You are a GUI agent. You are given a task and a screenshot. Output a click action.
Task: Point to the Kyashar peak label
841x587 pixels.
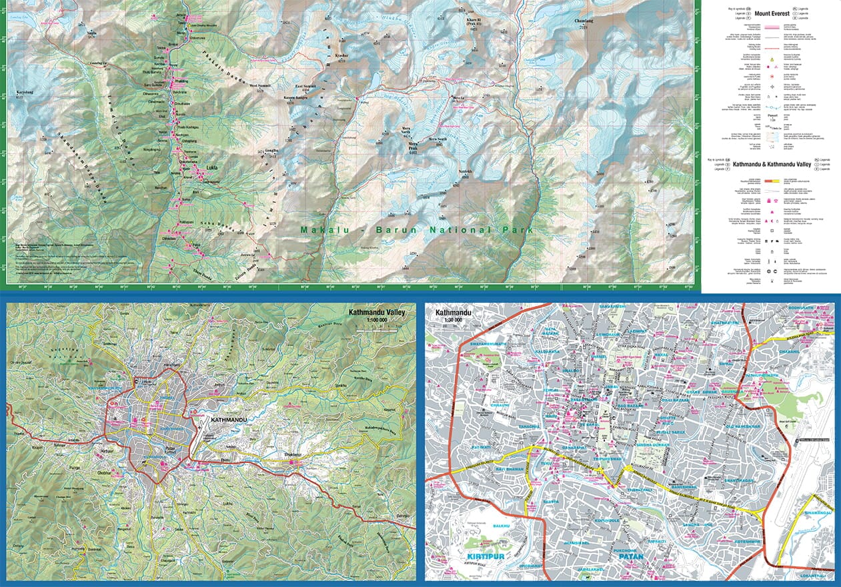point(342,92)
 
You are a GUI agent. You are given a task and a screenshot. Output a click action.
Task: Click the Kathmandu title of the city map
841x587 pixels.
point(452,312)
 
